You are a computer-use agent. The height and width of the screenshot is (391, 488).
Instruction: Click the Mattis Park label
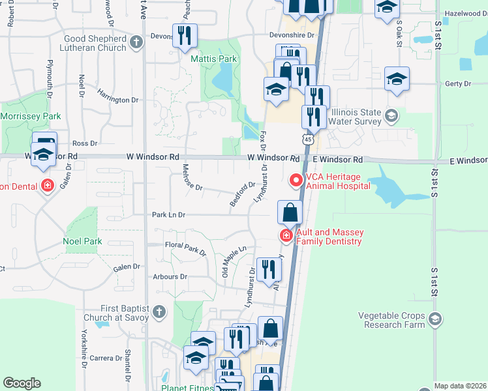point(213,59)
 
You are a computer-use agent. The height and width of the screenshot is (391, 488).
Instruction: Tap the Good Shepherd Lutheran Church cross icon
point(136,43)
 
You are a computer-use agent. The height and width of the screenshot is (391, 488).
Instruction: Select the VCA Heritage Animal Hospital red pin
point(296,179)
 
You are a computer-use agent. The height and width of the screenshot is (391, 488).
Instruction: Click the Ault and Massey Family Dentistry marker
point(285,235)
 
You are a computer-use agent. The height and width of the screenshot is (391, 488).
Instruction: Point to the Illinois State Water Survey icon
point(391,116)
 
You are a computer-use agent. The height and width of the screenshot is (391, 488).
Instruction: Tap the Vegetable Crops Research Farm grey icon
point(435,319)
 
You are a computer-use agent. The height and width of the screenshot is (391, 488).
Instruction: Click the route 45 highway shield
point(307,139)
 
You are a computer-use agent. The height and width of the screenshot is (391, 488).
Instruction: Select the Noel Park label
point(83,241)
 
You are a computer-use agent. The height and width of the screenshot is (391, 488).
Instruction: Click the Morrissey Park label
point(31,116)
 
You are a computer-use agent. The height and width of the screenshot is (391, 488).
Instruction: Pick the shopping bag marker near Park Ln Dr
point(290,212)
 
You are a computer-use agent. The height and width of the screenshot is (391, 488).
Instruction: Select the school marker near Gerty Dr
point(397,79)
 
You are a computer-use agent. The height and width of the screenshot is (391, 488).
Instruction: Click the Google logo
point(22,383)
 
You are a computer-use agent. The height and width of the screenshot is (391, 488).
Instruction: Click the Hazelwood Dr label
point(466,13)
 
